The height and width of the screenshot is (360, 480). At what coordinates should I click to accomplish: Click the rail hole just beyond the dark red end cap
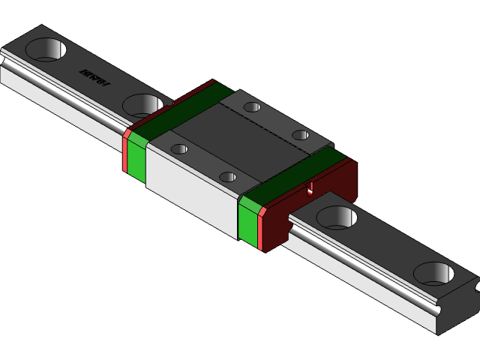click(x=337, y=217)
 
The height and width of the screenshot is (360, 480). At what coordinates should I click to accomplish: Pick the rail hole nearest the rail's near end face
click(x=436, y=273)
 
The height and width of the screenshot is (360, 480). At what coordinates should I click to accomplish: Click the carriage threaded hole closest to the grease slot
click(x=228, y=177)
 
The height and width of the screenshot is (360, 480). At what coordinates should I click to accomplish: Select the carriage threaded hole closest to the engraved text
click(x=253, y=106)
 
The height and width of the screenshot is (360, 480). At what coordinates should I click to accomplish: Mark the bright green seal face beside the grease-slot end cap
click(x=247, y=220)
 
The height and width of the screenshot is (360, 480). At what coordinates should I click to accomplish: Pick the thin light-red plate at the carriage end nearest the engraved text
click(x=124, y=154)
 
